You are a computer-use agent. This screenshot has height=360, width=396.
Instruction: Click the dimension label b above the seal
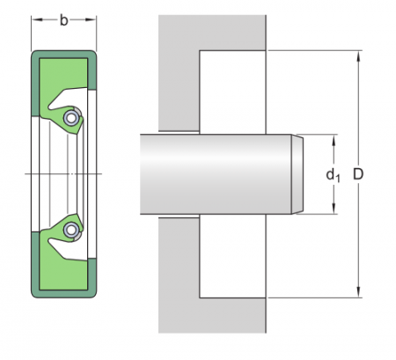[63, 19]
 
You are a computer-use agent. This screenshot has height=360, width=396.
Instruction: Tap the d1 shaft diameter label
[334, 175]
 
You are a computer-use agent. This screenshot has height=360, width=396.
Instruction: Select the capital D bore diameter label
[358, 174]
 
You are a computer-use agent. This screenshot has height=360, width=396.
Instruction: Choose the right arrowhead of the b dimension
[92, 19]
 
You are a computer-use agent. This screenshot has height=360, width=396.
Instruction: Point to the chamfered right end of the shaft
[297, 174]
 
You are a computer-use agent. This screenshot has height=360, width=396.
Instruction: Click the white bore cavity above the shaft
[233, 92]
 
